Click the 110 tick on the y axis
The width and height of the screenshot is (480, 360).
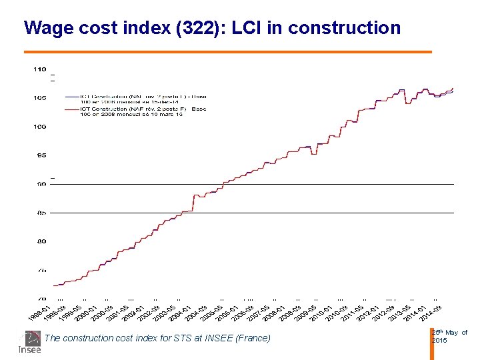tap(40, 69)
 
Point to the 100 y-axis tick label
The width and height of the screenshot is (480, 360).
tap(40, 127)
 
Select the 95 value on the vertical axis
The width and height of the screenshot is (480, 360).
tap(41, 155)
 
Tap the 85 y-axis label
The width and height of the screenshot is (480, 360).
tap(41, 213)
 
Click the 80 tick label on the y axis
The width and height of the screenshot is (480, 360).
tap(41, 242)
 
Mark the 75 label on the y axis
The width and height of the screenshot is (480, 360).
tap(41, 271)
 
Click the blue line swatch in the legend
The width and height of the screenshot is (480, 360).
tap(71, 96)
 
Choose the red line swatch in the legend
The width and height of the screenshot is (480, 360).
tap(71, 108)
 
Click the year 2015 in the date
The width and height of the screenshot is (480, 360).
tap(440, 341)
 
